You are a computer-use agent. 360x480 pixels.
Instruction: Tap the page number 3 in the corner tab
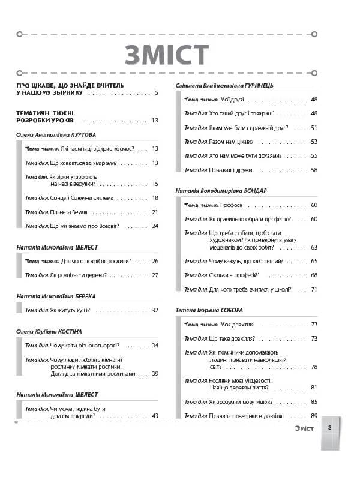click(330, 428)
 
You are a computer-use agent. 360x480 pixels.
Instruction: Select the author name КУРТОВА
click(81, 135)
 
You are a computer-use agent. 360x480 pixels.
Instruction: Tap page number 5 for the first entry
click(156, 94)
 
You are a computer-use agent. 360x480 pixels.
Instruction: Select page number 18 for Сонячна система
click(155, 197)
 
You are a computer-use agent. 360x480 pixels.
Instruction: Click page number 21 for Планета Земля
click(155, 212)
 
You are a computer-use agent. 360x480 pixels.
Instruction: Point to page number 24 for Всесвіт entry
click(155, 226)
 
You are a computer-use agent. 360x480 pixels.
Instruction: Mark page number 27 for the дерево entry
click(155, 275)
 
